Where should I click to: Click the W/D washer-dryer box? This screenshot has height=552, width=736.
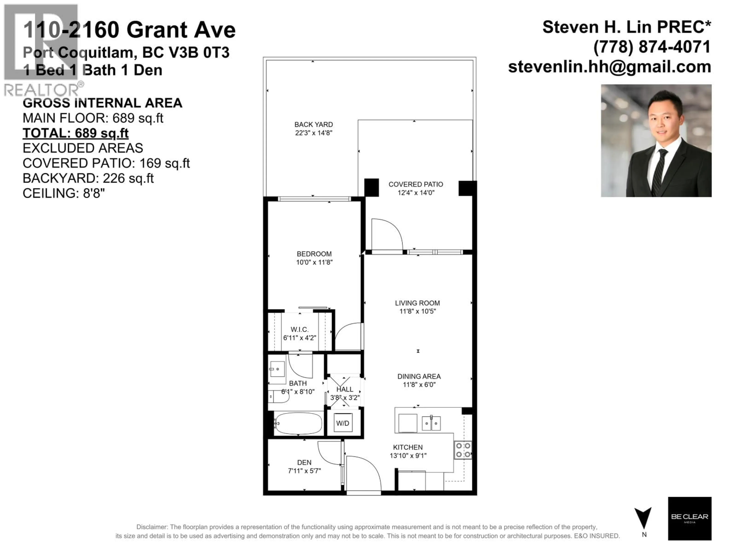[x=343, y=423]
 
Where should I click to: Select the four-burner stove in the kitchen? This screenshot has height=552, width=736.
[x=463, y=450]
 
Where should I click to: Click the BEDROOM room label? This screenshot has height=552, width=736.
[x=314, y=254]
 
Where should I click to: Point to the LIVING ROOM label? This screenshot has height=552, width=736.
[x=417, y=303]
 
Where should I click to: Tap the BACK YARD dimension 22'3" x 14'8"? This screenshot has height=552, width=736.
[x=313, y=133]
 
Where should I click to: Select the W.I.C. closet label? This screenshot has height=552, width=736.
[x=299, y=329]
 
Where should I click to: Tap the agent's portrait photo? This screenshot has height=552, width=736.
[x=656, y=141]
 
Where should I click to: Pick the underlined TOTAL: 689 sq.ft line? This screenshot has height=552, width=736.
[x=76, y=133]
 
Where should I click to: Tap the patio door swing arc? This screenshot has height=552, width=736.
[x=388, y=233]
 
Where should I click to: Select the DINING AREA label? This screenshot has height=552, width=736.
[x=419, y=376]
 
